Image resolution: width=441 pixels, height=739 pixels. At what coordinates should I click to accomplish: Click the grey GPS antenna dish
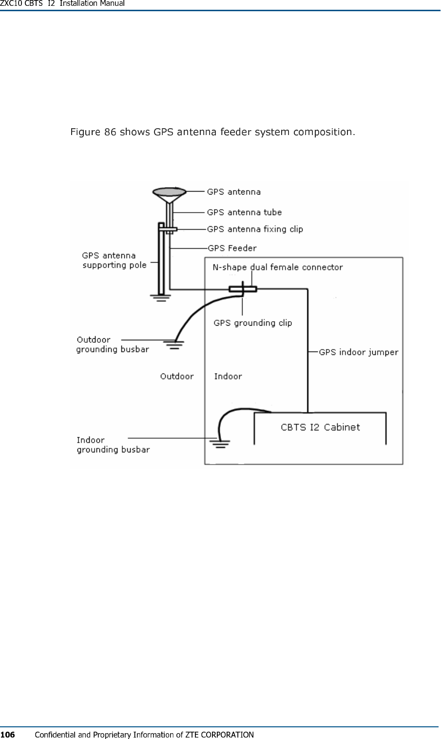coord(169,192)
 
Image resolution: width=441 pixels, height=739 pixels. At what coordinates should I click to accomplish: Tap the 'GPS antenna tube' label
coord(244,212)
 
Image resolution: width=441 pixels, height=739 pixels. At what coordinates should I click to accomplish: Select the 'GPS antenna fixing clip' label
coord(255,229)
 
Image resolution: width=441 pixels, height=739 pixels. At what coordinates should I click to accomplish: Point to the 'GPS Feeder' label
coord(232,248)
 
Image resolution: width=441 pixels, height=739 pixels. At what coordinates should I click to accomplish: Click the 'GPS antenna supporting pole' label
coord(114,260)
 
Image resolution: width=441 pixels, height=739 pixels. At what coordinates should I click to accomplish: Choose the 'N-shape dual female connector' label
coord(278,267)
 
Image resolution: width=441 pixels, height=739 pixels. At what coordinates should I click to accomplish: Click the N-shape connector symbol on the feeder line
coord(243,289)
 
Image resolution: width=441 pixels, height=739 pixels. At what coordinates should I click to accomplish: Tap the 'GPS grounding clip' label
coord(253,323)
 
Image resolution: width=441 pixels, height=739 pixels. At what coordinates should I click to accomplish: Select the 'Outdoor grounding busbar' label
coord(113,344)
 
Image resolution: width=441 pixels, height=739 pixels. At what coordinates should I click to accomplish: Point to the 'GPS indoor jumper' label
coord(359,352)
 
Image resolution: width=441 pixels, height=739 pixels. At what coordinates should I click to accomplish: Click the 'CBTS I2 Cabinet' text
coord(320,428)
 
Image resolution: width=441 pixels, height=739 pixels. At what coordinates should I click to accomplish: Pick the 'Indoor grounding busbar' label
coord(113,445)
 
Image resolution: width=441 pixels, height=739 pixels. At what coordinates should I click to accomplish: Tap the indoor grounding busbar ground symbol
coord(220,443)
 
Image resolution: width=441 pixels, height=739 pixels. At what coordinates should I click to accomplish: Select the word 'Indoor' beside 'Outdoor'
coord(228,376)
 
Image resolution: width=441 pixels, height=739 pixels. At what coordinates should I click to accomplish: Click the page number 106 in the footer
coord(7,735)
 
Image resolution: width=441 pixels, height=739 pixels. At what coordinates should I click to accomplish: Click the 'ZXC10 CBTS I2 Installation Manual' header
coord(62,3)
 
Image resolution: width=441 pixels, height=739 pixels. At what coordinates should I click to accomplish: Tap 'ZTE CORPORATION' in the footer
coord(220,735)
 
